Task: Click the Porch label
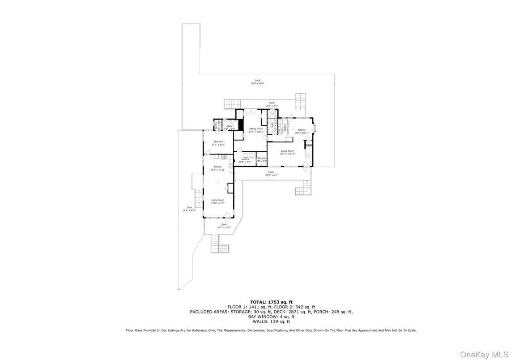tap(271, 173)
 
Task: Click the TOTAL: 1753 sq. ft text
tap(271, 302)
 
